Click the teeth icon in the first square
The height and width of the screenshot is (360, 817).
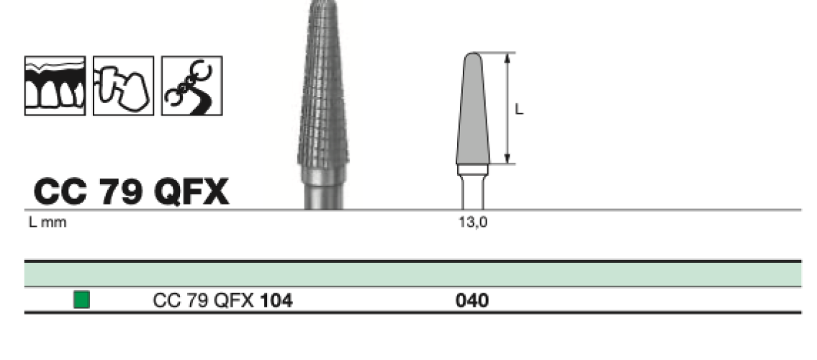tap(55, 86)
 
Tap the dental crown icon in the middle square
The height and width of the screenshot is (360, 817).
tap(124, 86)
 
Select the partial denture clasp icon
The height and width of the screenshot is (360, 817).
tap(191, 86)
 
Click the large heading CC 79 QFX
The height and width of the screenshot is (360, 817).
tap(131, 192)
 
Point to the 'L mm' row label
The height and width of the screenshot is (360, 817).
tap(48, 222)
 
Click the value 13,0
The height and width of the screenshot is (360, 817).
tap(473, 222)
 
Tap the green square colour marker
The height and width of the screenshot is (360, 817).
tap(81, 300)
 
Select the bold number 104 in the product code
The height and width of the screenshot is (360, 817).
tap(276, 301)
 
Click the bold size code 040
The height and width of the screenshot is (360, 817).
tap(472, 301)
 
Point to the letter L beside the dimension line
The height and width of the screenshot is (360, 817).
tap(519, 109)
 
